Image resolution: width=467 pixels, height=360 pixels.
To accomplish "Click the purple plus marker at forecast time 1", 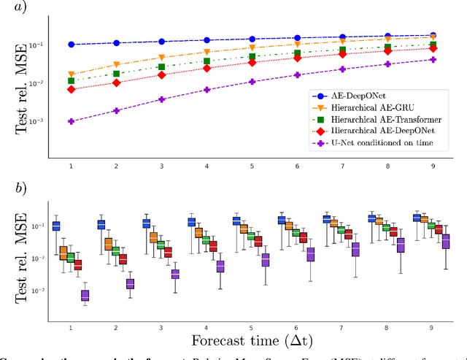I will [71, 121].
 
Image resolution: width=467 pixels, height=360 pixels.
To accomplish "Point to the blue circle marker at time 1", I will [71, 45].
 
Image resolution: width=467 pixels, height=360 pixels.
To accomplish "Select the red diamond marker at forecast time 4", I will [207, 68].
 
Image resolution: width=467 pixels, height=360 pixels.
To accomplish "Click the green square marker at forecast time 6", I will [296, 53].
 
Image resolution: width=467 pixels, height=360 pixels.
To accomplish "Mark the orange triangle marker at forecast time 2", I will [116, 65].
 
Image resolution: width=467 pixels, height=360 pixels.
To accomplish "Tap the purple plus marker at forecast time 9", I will [433, 60].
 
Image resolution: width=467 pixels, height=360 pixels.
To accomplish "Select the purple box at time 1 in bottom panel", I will [85, 295].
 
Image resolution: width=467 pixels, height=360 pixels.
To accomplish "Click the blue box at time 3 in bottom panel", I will [146, 223].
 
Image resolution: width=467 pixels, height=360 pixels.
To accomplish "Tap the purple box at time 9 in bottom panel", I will [446, 242].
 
